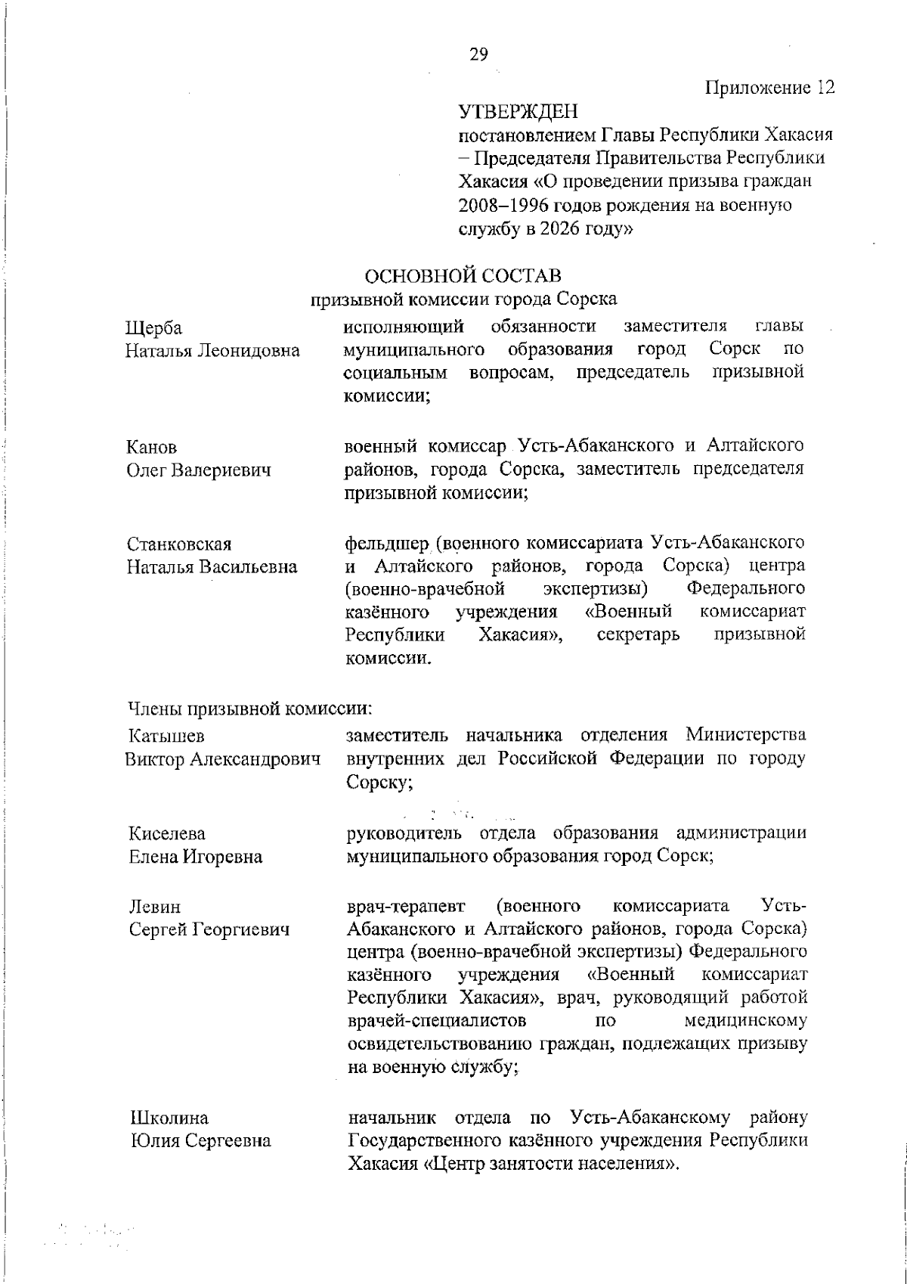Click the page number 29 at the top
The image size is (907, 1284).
point(478,54)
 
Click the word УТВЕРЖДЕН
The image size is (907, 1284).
point(519,113)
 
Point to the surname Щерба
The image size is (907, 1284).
point(153,328)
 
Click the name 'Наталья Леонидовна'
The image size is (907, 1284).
point(212,352)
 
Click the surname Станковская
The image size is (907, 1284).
point(179,544)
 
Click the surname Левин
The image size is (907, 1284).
point(155,906)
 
